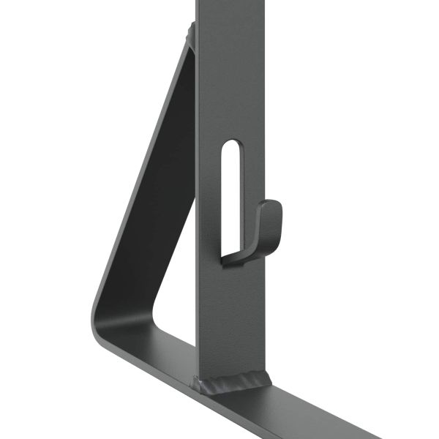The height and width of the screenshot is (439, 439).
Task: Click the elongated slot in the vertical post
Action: tap(230, 190)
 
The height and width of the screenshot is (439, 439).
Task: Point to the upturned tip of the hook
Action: tap(272, 206)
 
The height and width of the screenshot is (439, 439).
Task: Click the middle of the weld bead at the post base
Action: tap(233, 383)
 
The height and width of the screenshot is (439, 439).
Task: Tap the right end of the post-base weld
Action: tap(269, 378)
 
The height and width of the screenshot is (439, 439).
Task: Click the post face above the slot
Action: tap(230, 73)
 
